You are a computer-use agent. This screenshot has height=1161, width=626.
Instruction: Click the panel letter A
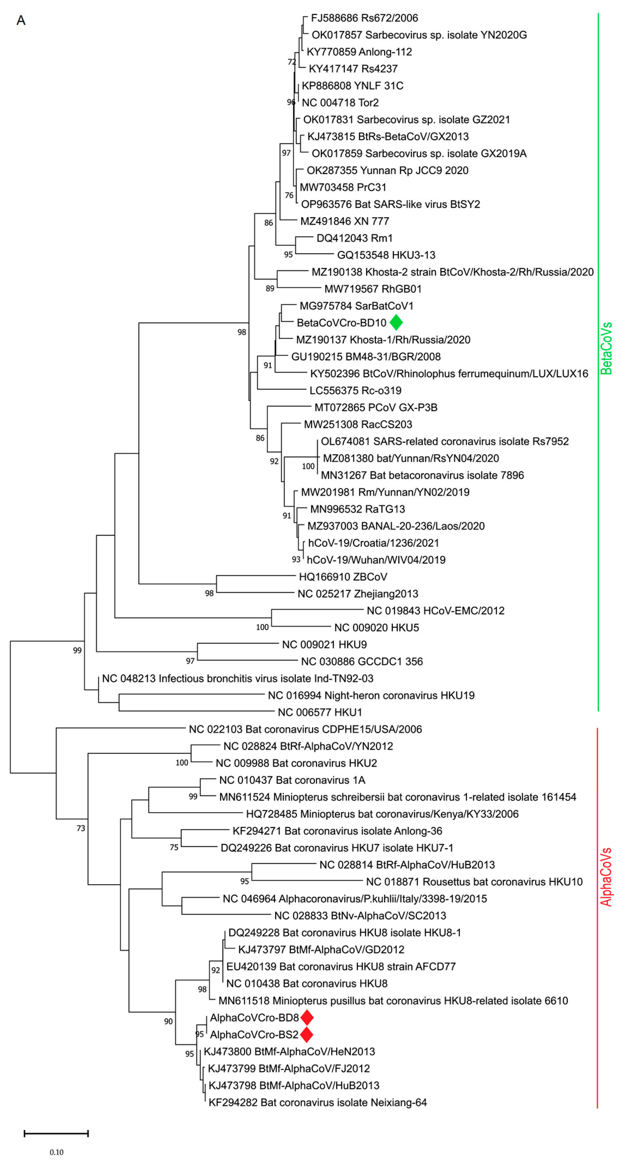21,20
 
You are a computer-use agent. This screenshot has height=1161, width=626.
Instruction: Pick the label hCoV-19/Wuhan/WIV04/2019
376,560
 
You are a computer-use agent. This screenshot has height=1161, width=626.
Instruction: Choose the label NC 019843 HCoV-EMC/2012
435,610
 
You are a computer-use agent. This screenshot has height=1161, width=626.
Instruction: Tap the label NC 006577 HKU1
319,712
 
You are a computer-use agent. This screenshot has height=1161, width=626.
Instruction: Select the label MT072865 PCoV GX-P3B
376,407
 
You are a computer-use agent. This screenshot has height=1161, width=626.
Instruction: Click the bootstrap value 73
81,828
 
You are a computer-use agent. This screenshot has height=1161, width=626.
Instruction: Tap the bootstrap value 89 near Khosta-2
270,289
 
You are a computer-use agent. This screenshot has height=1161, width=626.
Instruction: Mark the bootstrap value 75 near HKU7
174,847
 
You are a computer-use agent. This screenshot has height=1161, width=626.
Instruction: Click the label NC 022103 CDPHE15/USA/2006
305,729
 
